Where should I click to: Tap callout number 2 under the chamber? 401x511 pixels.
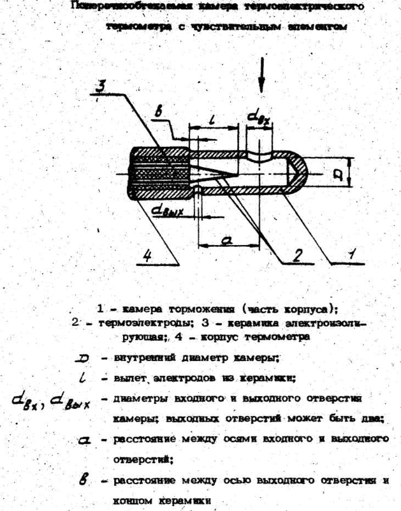pyautogui.click(x=296, y=255)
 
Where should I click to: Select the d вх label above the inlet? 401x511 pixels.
pyautogui.click(x=259, y=117)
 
